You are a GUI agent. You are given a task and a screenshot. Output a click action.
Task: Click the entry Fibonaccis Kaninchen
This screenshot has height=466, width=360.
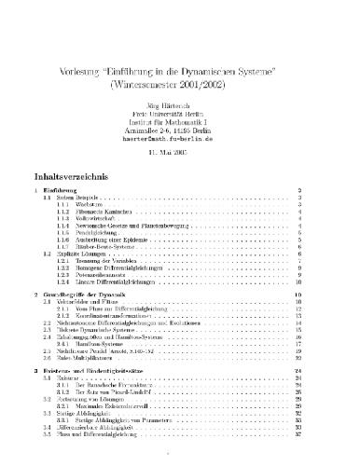pyautogui.click(x=101, y=213)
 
